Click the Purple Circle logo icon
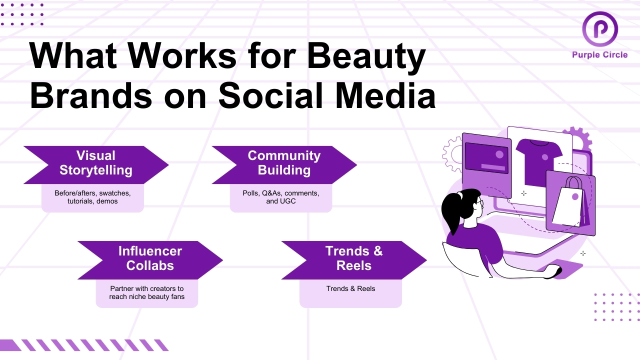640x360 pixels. pos(599,29)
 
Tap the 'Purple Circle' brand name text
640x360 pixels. pos(599,55)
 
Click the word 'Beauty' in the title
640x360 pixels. pos(366,56)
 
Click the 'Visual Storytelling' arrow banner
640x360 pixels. pos(95,163)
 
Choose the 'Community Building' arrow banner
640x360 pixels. pos(283,163)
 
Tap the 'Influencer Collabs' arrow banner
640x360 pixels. pos(149,259)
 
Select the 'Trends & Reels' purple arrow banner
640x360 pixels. pos(353,259)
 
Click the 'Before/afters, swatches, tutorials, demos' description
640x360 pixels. pos(92,197)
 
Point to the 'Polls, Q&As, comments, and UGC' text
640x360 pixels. pos(280,197)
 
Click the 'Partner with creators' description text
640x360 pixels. pos(147,292)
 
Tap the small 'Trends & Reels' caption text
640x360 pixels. pos(350,289)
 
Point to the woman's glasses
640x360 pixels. pos(479,202)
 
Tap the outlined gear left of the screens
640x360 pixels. pos(452,155)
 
